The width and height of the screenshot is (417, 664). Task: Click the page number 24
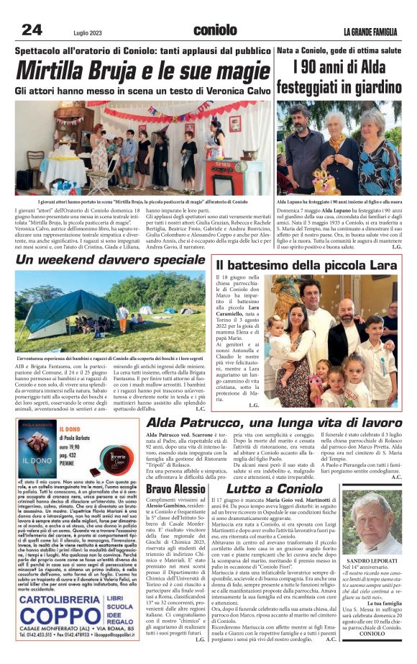coord(32,30)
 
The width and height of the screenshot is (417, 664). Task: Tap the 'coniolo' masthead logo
coord(215,30)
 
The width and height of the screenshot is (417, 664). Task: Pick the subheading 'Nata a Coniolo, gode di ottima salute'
coord(338,52)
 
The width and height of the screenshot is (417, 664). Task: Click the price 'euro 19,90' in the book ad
coord(88,444)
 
